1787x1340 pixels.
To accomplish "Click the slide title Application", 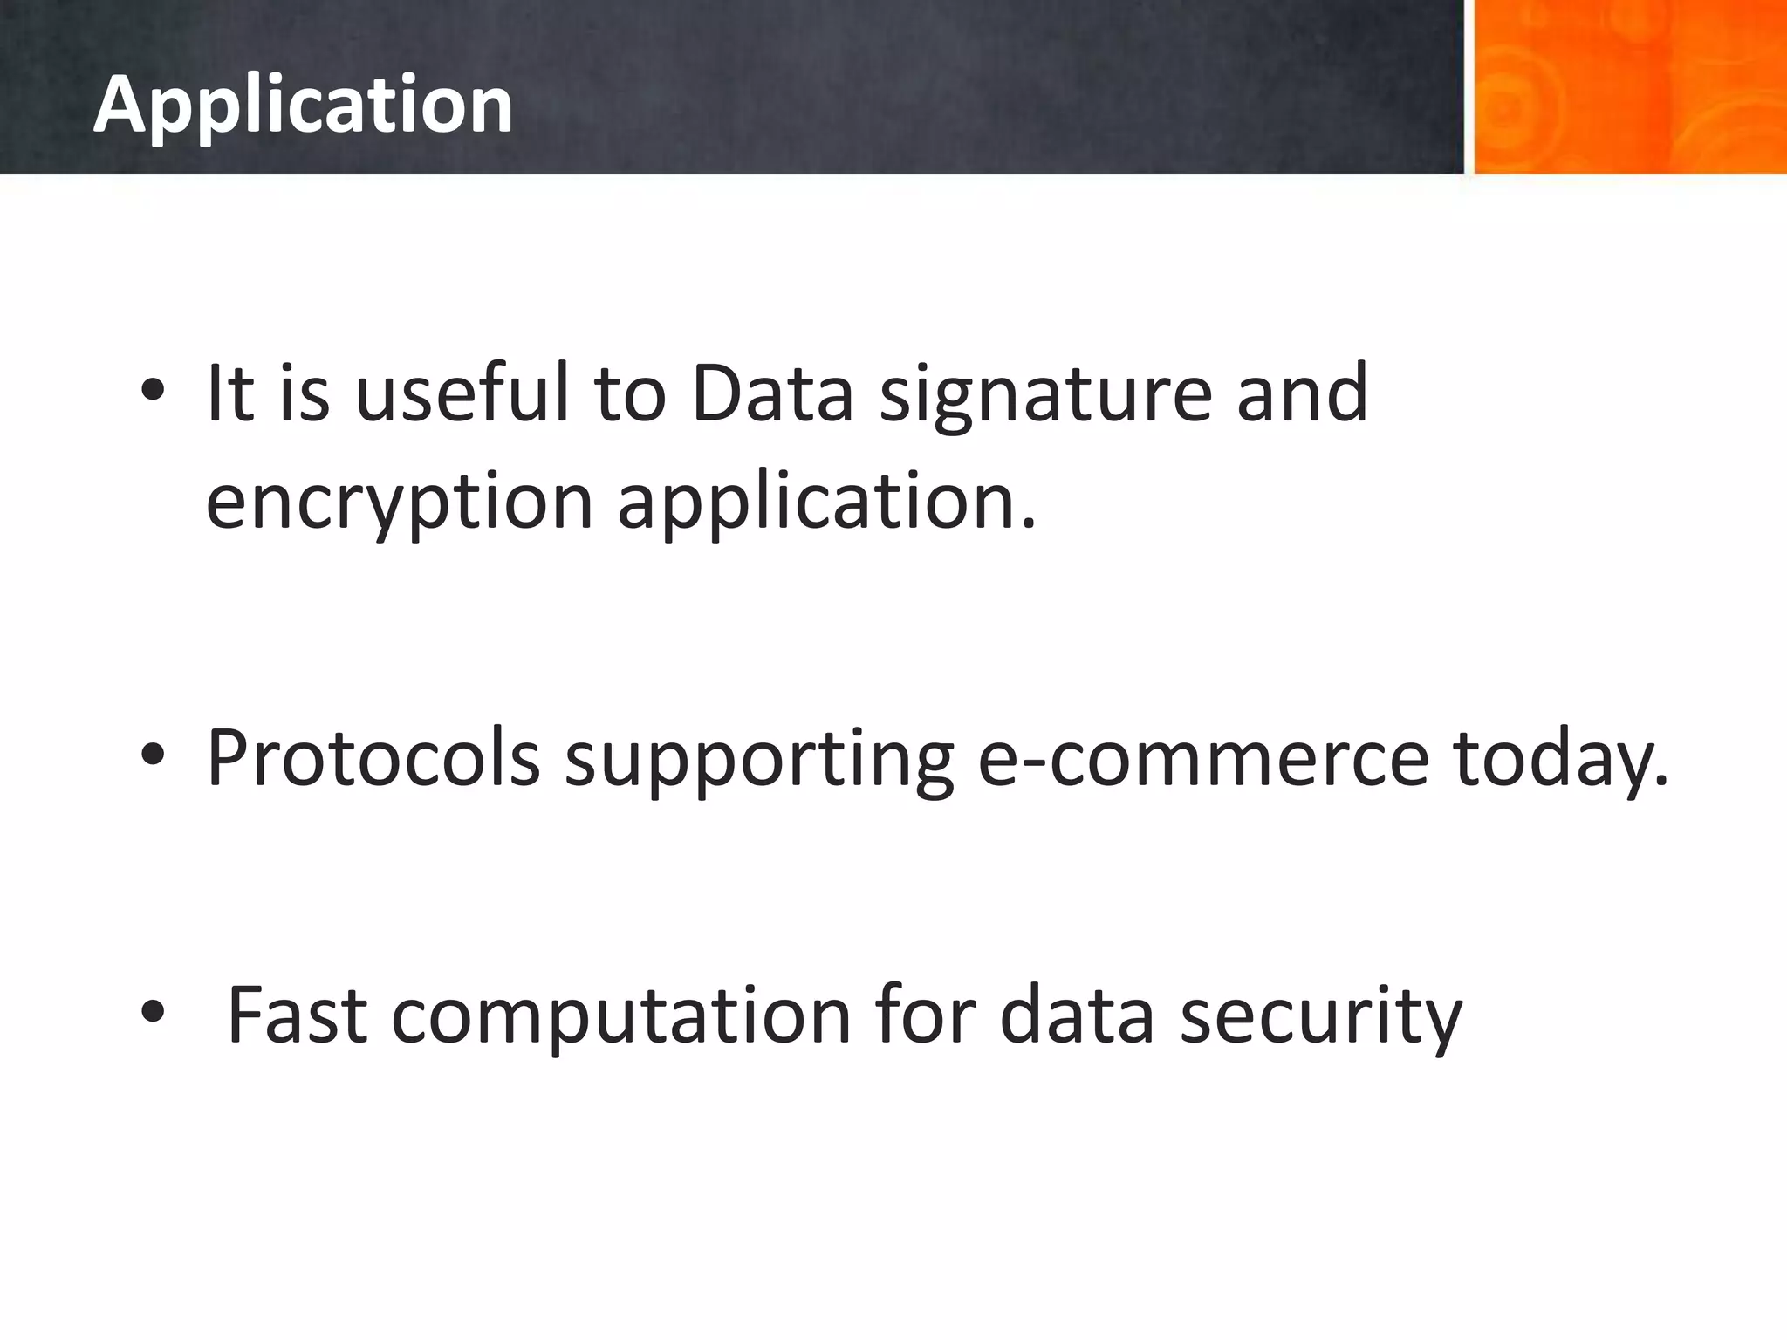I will click(303, 105).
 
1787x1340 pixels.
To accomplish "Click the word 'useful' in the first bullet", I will click(462, 393).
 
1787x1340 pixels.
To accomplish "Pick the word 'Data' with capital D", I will click(771, 393).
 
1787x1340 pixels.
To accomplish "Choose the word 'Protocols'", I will click(373, 757).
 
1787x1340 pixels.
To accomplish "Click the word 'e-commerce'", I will click(1203, 757).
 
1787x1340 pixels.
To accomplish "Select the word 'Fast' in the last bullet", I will click(297, 1014).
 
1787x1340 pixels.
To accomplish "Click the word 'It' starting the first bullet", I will click(229, 393).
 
